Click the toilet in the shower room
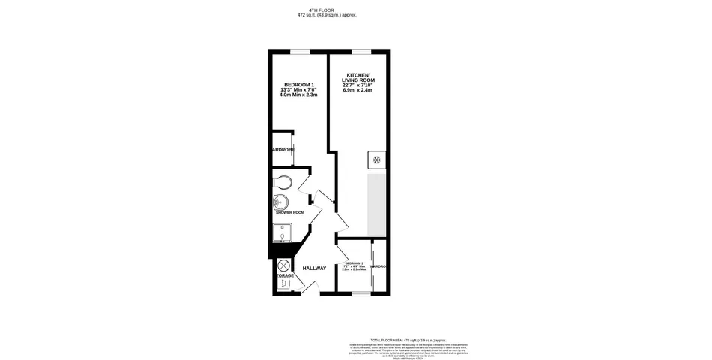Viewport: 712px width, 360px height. (x=283, y=182)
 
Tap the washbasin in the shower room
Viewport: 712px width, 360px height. (x=280, y=201)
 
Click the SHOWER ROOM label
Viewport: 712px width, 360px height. (x=289, y=213)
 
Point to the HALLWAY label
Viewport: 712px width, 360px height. (x=314, y=268)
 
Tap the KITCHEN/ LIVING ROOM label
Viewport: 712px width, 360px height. (x=359, y=77)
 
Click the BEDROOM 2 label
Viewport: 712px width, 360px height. (x=354, y=263)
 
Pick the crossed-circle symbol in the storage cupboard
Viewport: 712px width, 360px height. (x=283, y=265)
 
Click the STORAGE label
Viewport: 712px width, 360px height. (x=284, y=276)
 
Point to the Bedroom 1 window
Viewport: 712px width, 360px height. (x=301, y=51)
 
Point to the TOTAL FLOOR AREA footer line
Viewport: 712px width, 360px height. (x=414, y=340)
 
